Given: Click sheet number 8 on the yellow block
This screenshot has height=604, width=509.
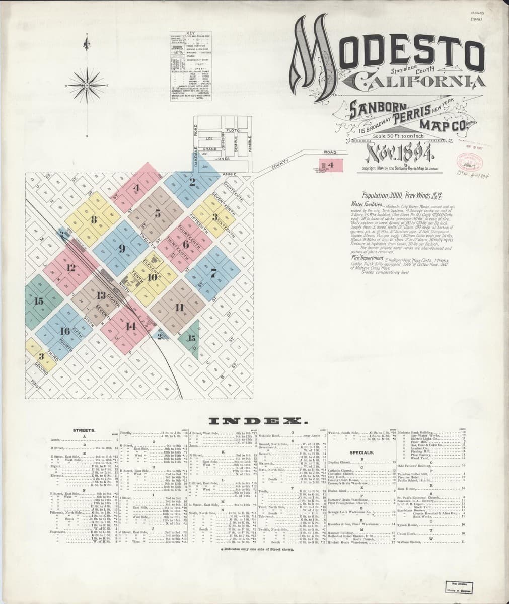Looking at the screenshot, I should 94,219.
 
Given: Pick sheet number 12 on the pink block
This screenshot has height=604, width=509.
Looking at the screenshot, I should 70,268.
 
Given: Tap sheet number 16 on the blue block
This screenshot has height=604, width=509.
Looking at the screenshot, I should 64,331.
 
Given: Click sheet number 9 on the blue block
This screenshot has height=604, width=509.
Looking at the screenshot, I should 122,248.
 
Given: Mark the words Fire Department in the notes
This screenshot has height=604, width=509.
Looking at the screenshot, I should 370,258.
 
